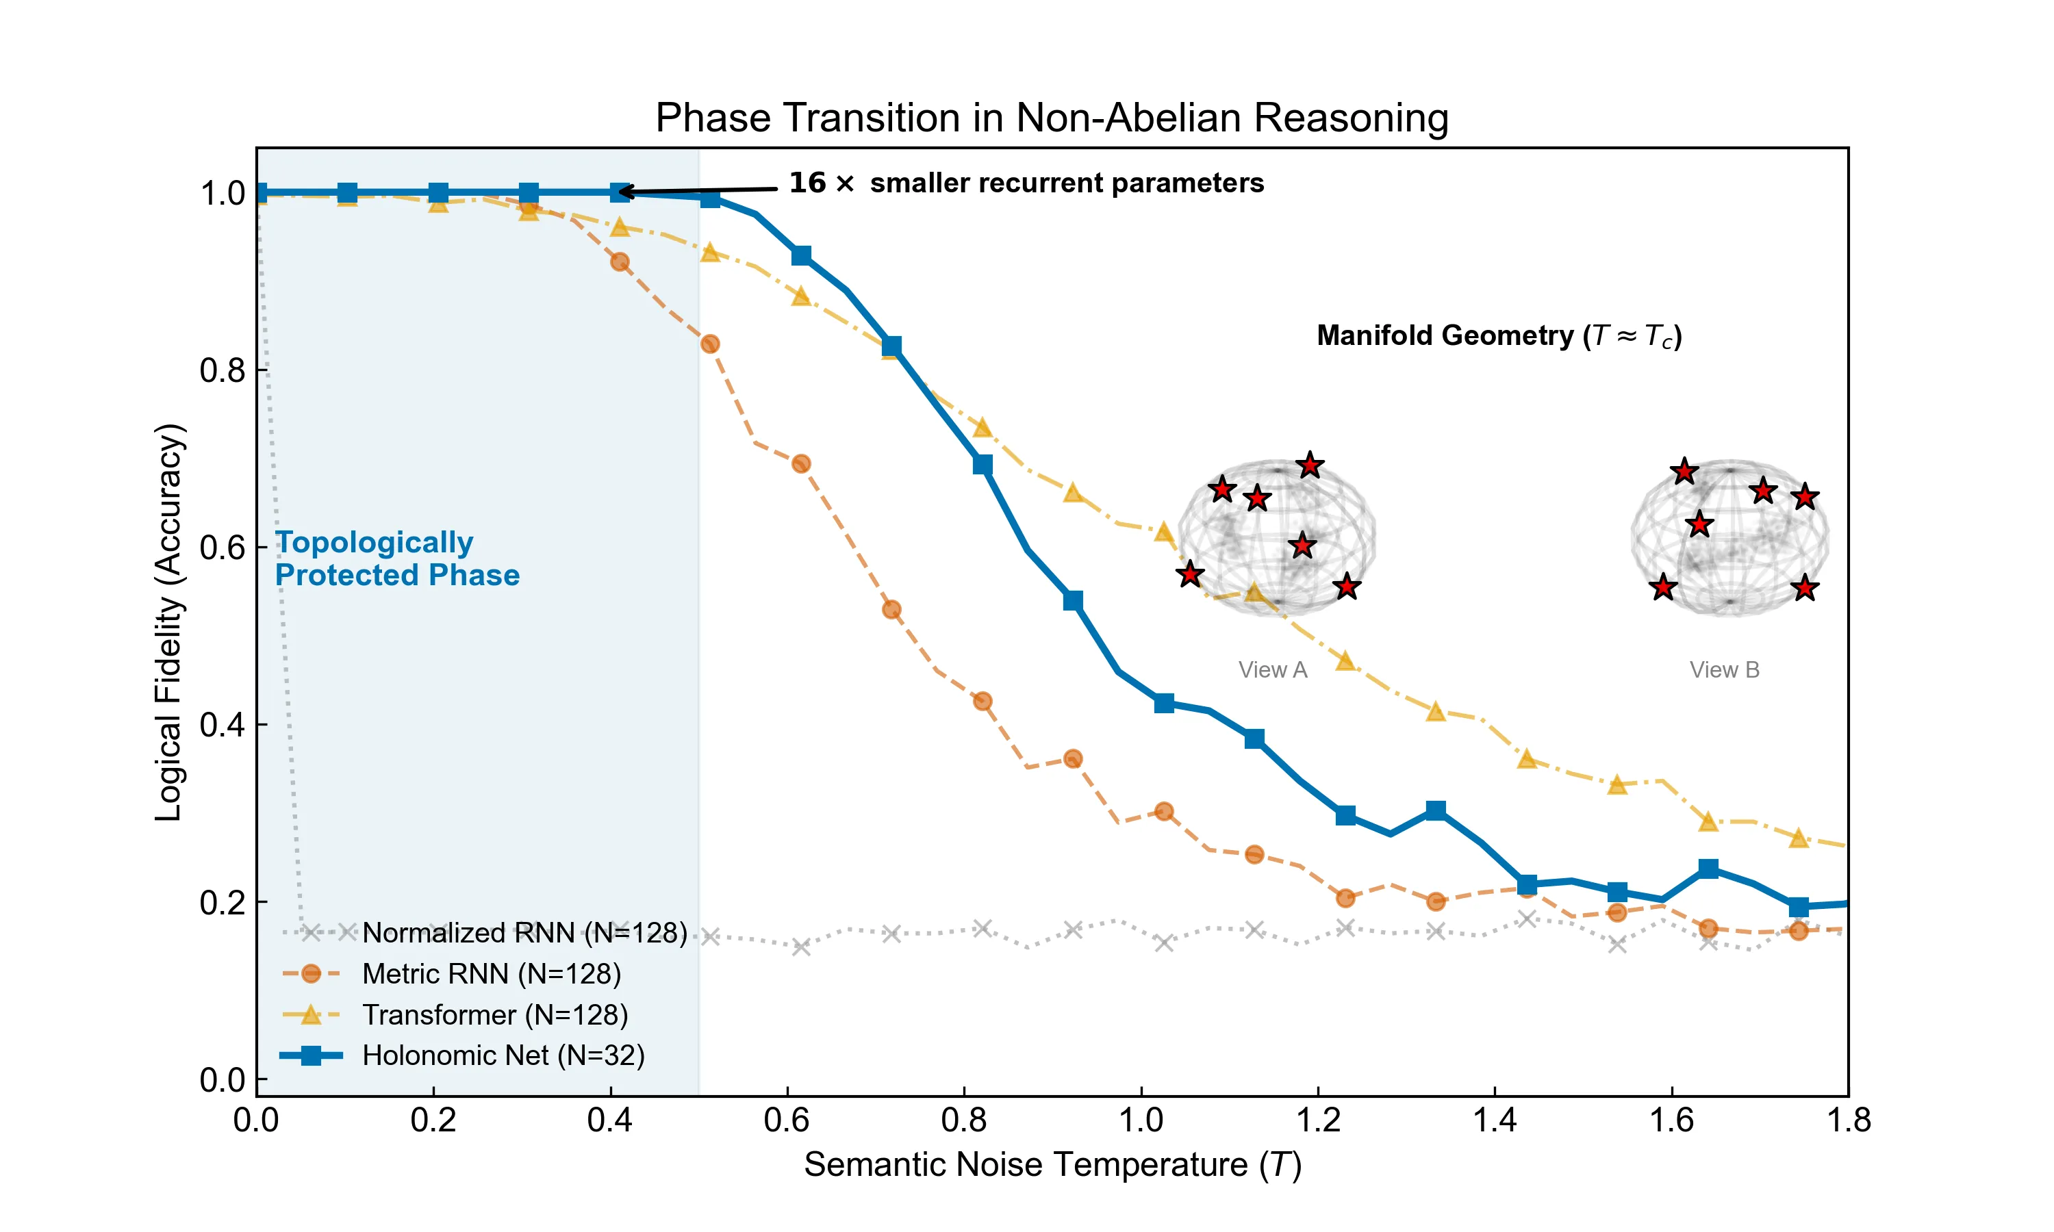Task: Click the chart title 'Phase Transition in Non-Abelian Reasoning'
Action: [1051, 117]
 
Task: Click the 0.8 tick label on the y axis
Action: [222, 370]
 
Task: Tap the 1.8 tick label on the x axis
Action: [1848, 1120]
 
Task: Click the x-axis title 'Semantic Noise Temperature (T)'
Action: [1052, 1165]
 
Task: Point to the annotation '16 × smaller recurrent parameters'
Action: [1026, 183]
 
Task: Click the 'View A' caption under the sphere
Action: [1272, 670]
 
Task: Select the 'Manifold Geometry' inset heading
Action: [1499, 335]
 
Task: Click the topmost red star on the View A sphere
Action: [1309, 465]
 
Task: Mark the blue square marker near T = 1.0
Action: [1163, 703]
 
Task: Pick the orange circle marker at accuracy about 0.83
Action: [709, 344]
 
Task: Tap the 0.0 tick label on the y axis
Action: [222, 1080]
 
